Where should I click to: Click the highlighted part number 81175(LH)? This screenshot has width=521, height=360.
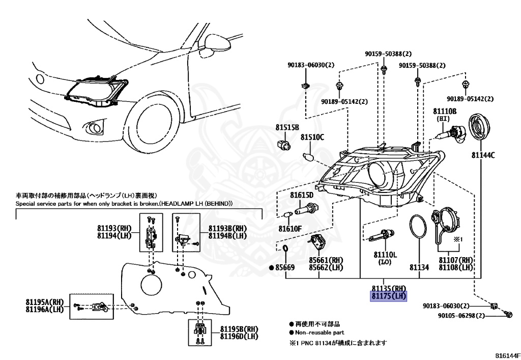point(389,295)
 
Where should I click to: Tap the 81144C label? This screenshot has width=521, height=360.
point(483,155)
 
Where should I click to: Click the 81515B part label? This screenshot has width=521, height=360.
point(287,127)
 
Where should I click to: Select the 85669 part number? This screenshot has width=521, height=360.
point(285,267)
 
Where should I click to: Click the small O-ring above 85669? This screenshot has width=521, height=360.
point(285,249)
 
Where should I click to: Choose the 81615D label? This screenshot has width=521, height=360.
point(302,195)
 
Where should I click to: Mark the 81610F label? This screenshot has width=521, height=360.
point(291,228)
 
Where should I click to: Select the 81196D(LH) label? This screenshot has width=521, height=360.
point(239,336)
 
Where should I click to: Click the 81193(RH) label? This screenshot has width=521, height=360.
point(114,228)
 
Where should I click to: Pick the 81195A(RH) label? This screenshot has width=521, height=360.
point(45,301)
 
